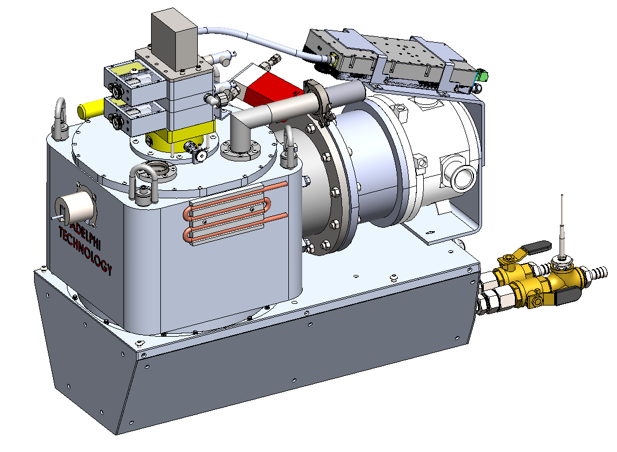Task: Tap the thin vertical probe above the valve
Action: (x=561, y=225)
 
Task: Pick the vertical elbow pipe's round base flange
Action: (x=239, y=152)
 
